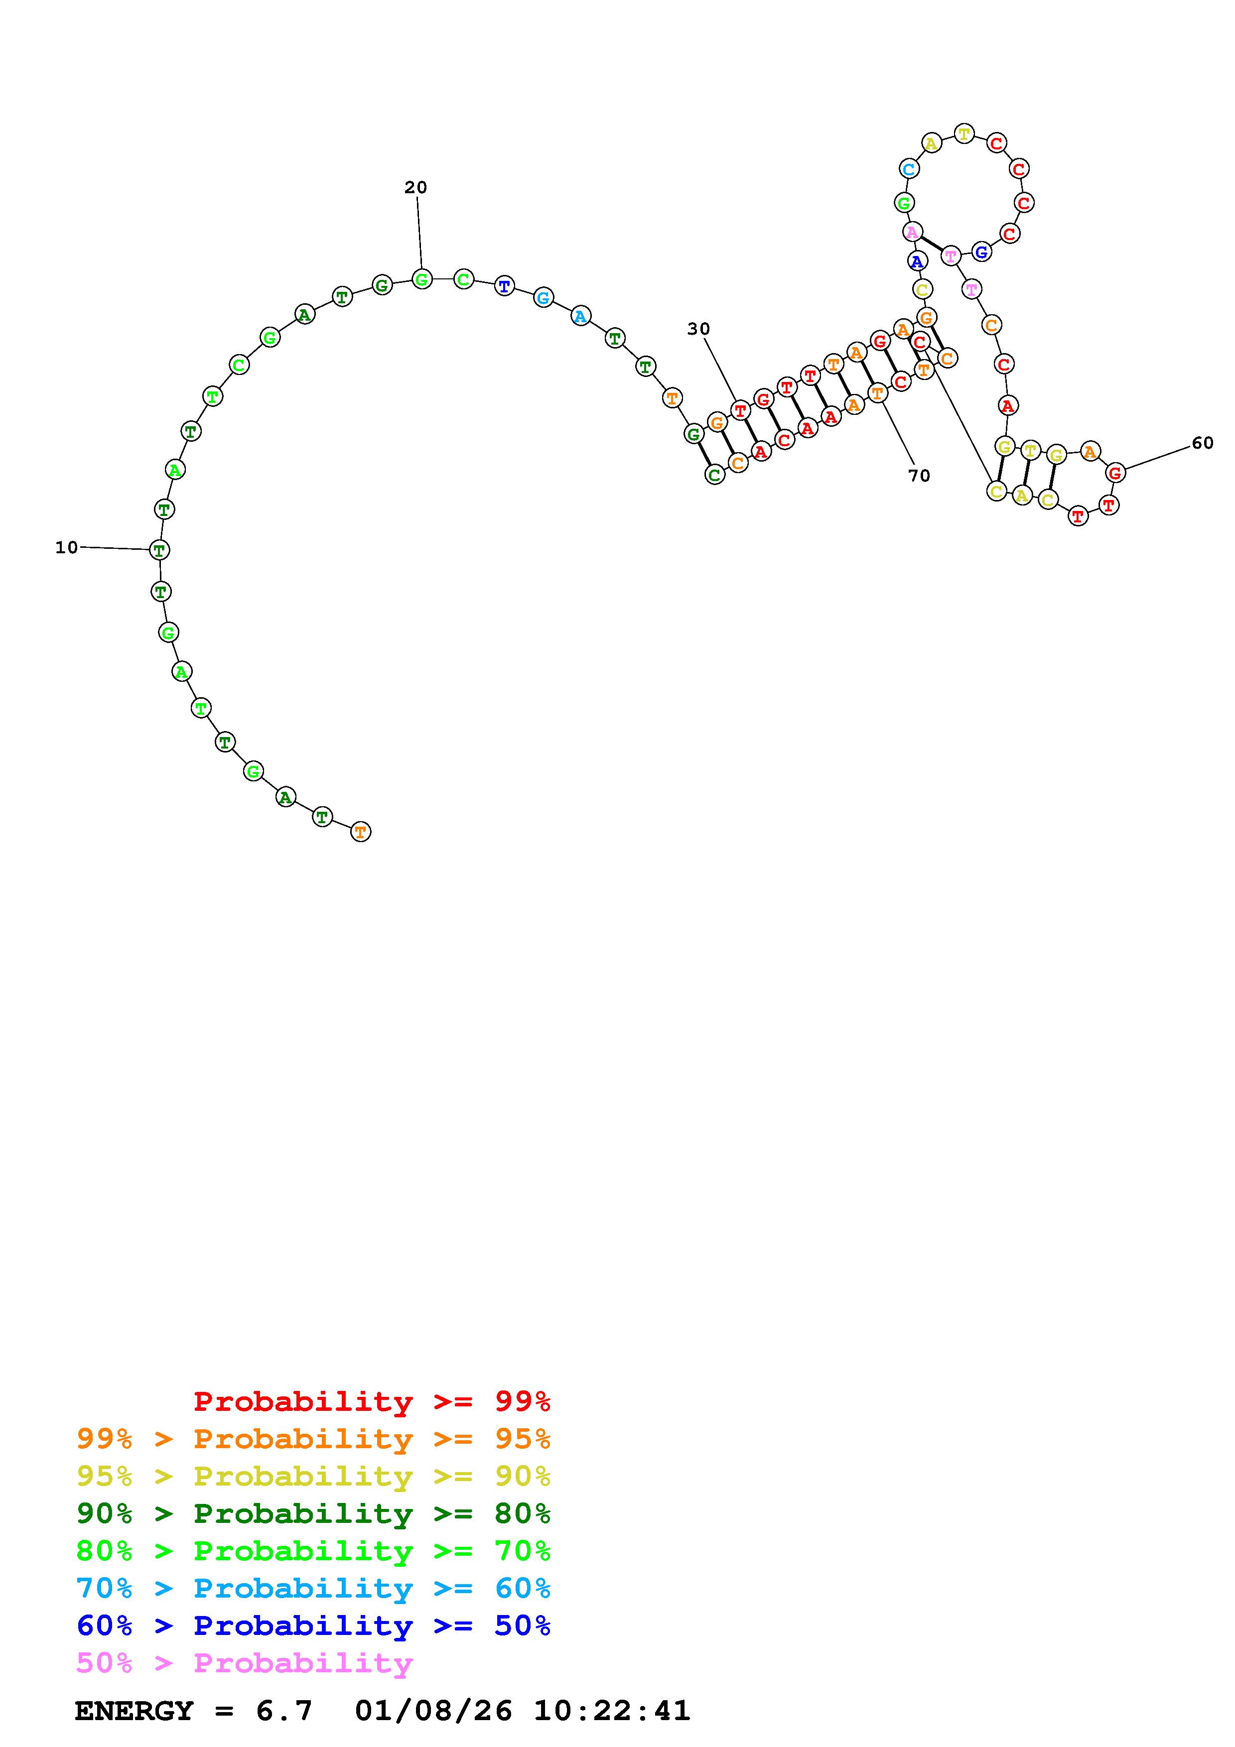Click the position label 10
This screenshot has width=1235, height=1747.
click(66, 547)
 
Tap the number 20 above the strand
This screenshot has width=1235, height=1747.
click(415, 187)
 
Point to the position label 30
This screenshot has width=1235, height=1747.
click(698, 329)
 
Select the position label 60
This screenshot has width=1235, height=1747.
click(1202, 443)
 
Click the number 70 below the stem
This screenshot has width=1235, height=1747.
click(919, 476)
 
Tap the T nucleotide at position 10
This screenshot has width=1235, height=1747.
click(159, 549)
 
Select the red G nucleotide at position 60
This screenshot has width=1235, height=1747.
click(1115, 473)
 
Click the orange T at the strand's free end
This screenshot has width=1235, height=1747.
click(361, 832)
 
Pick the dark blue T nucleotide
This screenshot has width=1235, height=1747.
click(504, 286)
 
